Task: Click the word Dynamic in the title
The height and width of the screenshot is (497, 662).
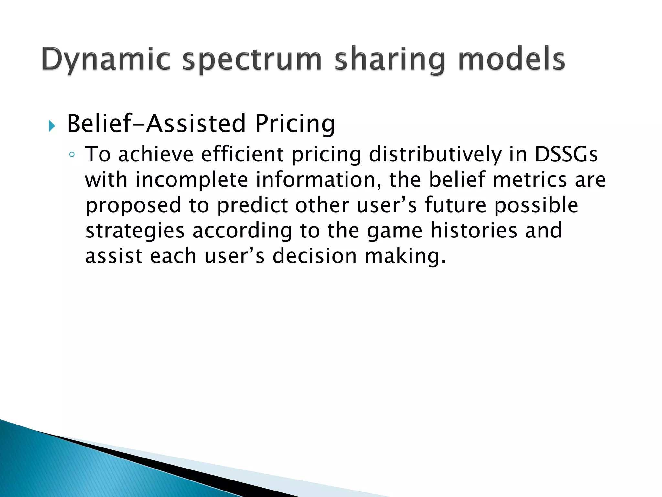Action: (106, 60)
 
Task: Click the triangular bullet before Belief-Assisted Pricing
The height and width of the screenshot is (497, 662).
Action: (52, 126)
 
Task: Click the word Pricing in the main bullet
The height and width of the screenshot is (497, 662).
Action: (295, 124)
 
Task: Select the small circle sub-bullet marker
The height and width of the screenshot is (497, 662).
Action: (72, 155)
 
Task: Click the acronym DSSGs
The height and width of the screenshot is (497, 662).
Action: (566, 154)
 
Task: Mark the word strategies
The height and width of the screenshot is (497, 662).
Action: (135, 231)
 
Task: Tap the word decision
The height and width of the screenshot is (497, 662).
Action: (315, 256)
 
